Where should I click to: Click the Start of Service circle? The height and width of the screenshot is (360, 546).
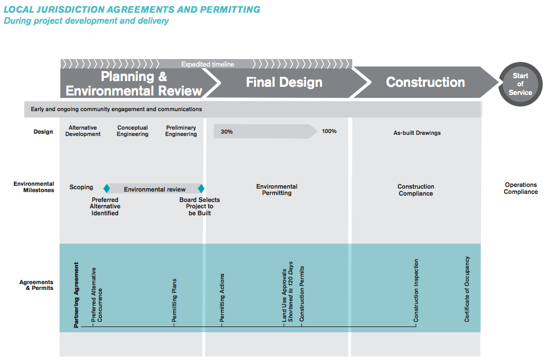[x=521, y=85]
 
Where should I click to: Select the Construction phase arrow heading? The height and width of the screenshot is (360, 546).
[x=425, y=83]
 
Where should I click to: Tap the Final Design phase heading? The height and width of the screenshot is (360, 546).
[x=284, y=83]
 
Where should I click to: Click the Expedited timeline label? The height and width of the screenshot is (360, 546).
[x=208, y=64]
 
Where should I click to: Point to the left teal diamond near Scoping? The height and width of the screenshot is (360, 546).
[x=106, y=189]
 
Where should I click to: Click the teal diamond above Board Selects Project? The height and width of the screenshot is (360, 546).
[x=201, y=189]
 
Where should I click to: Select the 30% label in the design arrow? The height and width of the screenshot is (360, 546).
[x=227, y=132]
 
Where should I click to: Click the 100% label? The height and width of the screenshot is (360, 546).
[x=329, y=131]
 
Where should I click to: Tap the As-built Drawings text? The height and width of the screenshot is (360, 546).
[x=417, y=133]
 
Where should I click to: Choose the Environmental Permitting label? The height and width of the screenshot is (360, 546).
[x=277, y=190]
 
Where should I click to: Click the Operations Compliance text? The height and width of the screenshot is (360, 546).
[x=521, y=189]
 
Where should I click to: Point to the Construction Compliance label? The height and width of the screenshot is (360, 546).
[x=416, y=190]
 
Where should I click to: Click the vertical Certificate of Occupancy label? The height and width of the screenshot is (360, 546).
[x=467, y=289]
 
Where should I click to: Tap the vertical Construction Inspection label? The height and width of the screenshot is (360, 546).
[x=416, y=291]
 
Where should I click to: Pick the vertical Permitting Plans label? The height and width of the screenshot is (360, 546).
[x=174, y=300]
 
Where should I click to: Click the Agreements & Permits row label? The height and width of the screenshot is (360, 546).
[x=36, y=285]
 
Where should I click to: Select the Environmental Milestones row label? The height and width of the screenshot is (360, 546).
[x=34, y=187]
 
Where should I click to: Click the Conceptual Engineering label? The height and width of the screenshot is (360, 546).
[x=132, y=131]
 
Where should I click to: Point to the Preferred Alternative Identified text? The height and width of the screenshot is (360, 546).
[x=105, y=207]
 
